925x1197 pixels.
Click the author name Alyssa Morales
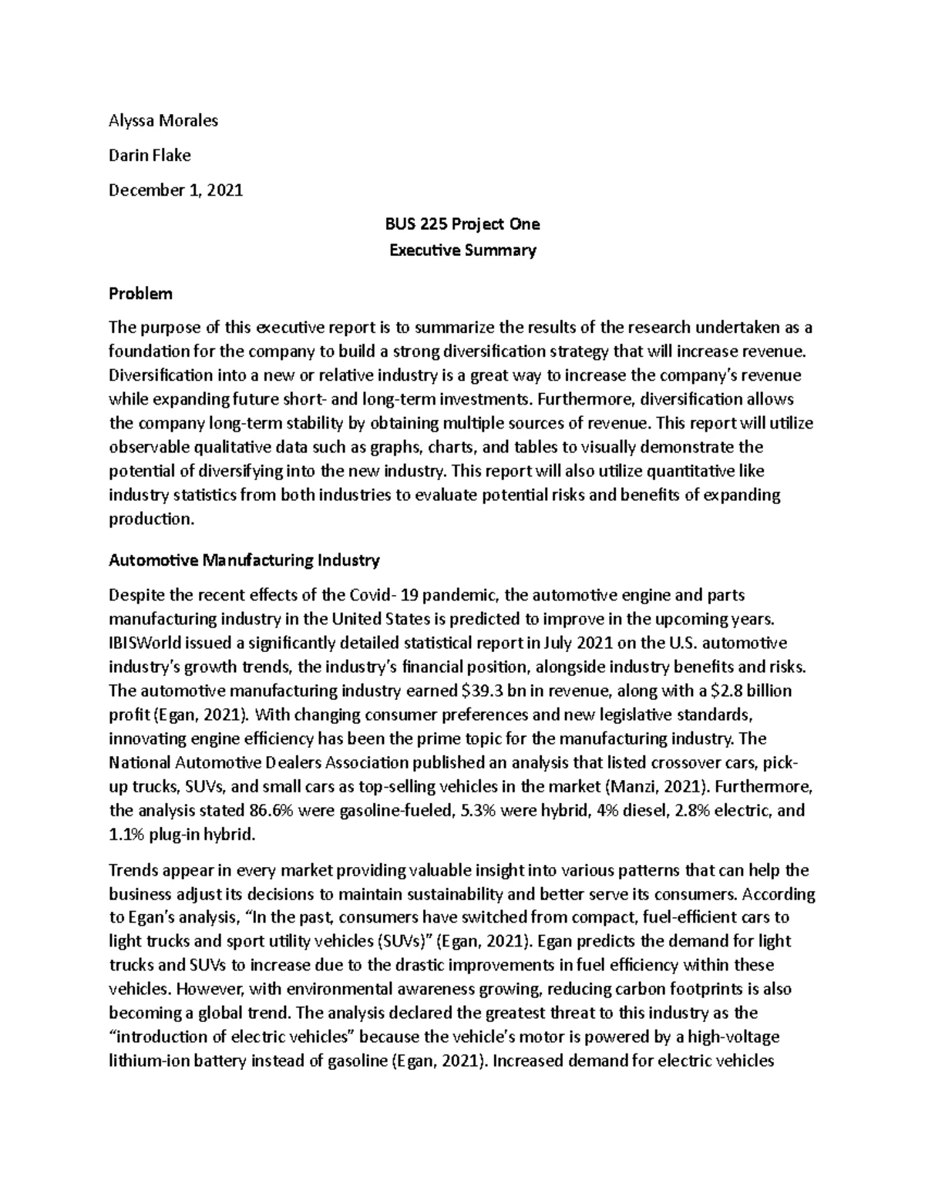click(x=163, y=120)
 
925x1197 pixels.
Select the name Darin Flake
click(x=150, y=155)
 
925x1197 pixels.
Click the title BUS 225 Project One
click(x=462, y=224)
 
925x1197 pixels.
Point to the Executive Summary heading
click(x=462, y=250)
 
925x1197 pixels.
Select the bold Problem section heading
click(x=140, y=293)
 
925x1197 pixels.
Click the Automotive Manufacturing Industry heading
click(x=244, y=560)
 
